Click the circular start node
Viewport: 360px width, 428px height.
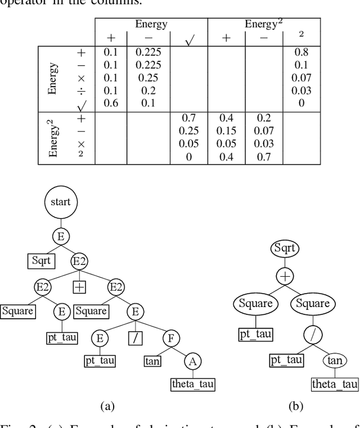click(61, 201)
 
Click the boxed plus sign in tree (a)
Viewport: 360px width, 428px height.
click(79, 287)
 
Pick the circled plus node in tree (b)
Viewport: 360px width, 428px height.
click(285, 277)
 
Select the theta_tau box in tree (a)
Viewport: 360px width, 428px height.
click(193, 385)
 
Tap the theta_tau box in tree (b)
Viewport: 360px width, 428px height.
click(335, 385)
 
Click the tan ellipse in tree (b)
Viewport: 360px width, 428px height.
click(335, 361)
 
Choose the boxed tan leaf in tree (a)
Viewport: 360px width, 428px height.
click(152, 361)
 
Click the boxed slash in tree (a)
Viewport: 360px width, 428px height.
click(135, 338)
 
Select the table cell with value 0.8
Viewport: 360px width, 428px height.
click(301, 52)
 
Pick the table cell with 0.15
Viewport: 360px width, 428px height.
click(226, 131)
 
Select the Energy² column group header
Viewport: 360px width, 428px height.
click(263, 24)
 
